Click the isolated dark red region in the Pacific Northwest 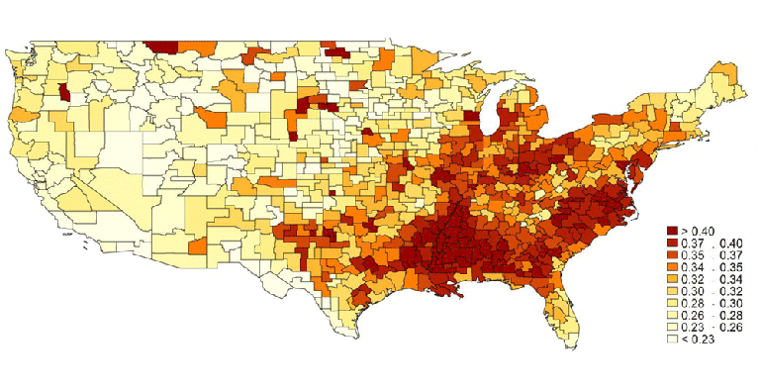coord(65,93)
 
